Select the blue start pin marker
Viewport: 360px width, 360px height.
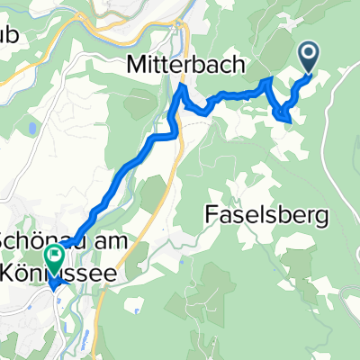pyautogui.click(x=309, y=57)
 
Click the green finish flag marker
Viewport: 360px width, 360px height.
pyautogui.click(x=55, y=257)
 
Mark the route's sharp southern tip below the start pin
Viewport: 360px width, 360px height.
pyautogui.click(x=285, y=117)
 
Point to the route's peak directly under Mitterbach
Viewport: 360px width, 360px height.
pyautogui.click(x=183, y=90)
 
